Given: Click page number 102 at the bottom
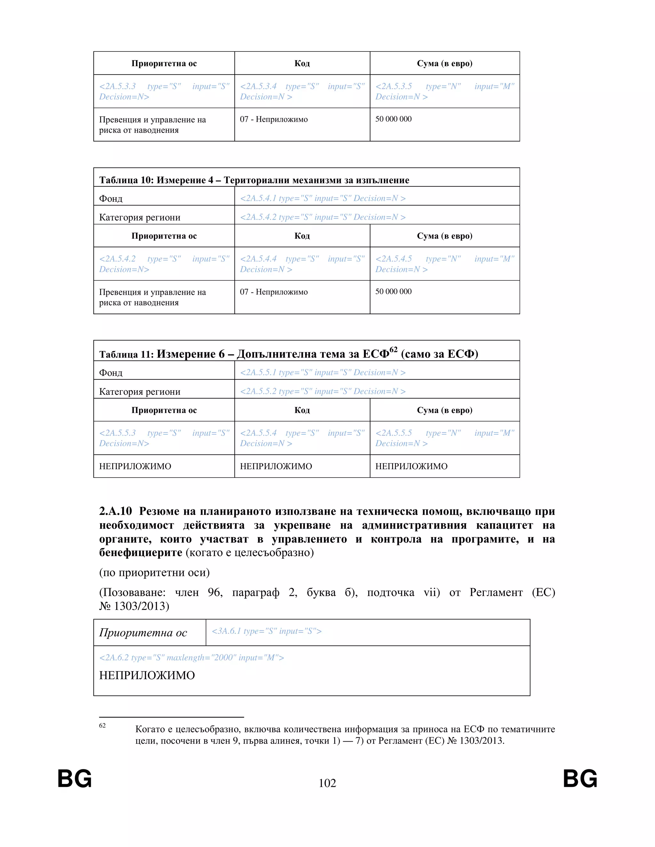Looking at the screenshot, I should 327,783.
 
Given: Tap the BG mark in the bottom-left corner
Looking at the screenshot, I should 75,779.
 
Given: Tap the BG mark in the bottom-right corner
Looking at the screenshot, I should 580,779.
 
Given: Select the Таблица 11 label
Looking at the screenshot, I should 126,354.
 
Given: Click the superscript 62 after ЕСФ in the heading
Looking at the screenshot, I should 393,349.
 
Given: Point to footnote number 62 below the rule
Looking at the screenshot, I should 102,726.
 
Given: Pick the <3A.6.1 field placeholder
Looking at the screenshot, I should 266,631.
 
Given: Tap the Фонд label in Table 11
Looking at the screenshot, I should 111,373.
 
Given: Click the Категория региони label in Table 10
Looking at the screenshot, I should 140,217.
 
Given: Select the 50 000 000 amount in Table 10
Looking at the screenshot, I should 393,291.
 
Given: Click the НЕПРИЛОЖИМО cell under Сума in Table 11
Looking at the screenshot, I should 411,466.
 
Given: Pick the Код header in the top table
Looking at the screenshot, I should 302,63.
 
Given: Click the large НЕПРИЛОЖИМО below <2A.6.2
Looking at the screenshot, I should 147,675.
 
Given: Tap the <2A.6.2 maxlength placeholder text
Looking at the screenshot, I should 191,657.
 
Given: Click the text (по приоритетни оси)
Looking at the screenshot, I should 154,572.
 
